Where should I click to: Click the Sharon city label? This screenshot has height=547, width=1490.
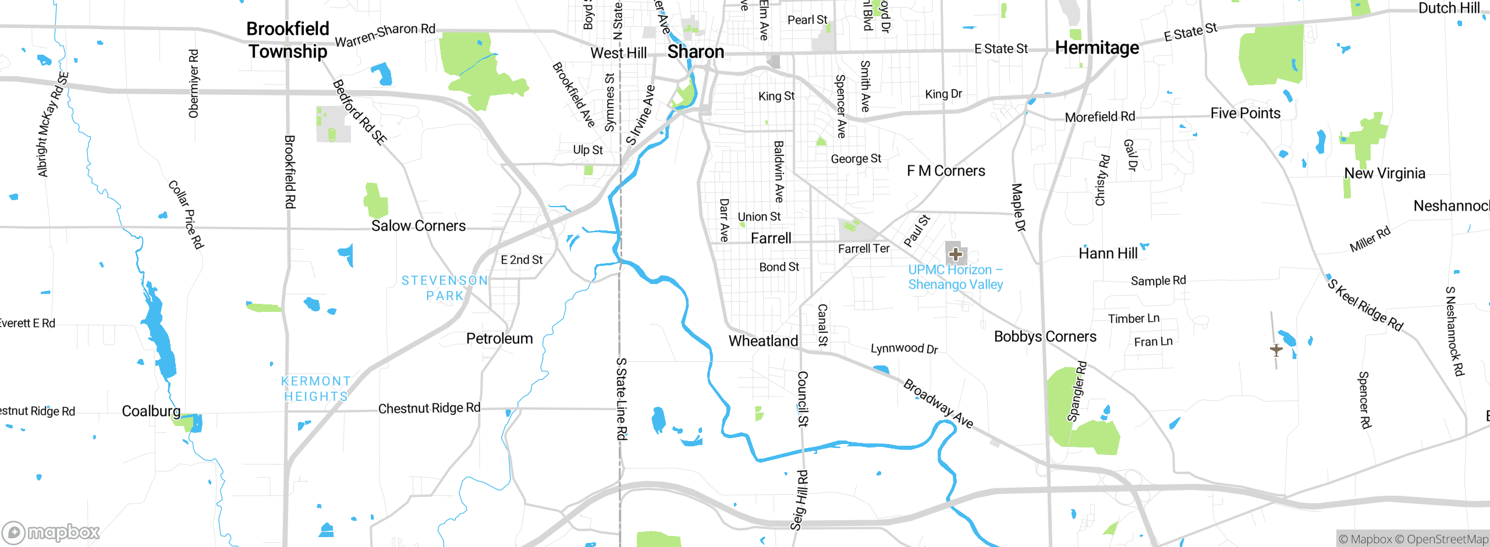coord(696,52)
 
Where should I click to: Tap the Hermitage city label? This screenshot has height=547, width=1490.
coord(1097,48)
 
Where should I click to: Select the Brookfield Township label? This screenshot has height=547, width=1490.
coord(288,40)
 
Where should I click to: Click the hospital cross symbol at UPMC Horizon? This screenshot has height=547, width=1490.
coord(955,254)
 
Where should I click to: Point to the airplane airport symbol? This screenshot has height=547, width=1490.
coord(1276,350)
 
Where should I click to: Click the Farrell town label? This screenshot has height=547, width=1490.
coord(771,238)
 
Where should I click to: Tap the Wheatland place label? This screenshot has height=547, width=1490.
coord(763,341)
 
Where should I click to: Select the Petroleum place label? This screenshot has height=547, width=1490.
coord(499,339)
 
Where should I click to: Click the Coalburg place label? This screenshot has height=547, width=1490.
coord(151,411)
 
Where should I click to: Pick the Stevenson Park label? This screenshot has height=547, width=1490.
coord(445,288)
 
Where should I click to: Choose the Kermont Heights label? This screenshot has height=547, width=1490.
coord(316,389)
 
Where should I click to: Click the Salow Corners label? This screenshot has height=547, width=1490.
coord(418,226)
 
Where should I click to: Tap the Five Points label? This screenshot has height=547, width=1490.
coord(1245,113)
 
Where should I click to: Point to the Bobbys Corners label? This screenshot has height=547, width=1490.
coord(1045,336)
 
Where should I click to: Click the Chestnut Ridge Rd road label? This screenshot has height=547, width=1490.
coord(429,409)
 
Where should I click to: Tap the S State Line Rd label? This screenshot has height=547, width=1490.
coord(622,399)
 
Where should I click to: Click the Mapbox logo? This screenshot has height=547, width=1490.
coord(51,532)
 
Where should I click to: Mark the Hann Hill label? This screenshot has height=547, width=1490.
coord(1108,253)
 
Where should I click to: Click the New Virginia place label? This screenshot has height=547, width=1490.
coord(1384,173)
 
